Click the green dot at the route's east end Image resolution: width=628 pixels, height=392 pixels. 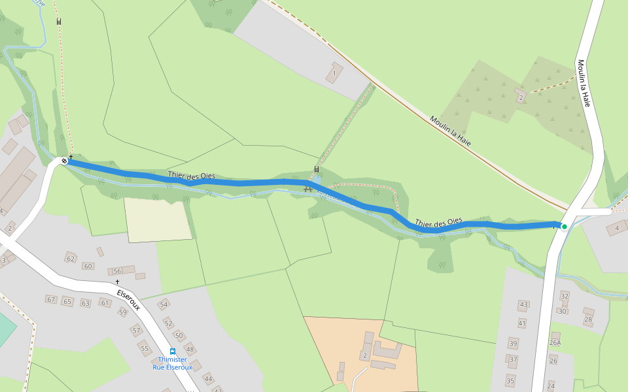(564, 227)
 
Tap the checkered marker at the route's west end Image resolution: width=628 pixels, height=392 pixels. (64, 161)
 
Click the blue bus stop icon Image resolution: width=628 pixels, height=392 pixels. (172, 351)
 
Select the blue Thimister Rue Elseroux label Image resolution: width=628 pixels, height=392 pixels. (172, 363)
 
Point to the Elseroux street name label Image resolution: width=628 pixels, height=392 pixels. (130, 297)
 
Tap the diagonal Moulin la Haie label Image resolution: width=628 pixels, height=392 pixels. (450, 131)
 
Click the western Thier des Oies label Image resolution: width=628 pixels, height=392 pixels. (191, 175)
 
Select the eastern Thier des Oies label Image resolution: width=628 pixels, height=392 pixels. (438, 222)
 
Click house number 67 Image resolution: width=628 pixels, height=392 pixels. (51, 299)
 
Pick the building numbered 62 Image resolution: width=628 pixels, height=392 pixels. (71, 259)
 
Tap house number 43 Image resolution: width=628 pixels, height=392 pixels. (523, 305)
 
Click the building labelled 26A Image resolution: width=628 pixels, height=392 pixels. (555, 342)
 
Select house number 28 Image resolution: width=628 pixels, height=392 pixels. (588, 319)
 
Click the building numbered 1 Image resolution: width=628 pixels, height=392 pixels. (334, 73)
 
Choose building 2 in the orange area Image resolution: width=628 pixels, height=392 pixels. (364, 355)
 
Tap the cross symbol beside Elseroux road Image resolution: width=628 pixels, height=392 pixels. (118, 282)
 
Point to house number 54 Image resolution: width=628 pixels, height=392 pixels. (164, 305)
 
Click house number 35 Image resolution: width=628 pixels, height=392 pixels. (510, 380)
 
